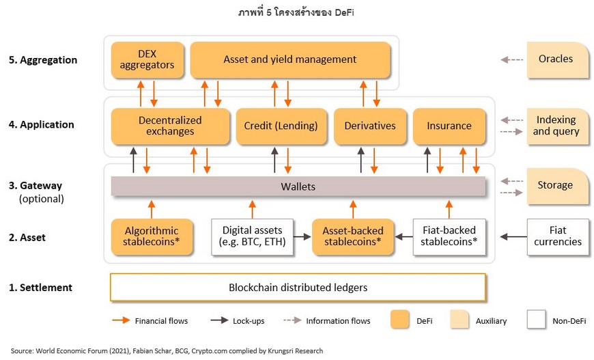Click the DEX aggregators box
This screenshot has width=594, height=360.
tap(147, 60)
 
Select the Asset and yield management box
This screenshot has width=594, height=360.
tap(289, 60)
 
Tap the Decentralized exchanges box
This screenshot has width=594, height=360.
tap(170, 126)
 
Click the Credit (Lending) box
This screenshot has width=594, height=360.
tap(281, 126)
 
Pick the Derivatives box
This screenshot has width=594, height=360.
tap(370, 126)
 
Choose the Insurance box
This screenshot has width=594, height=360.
tap(449, 126)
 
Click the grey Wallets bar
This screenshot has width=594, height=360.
tap(298, 186)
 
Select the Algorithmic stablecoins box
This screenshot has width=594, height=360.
tap(152, 236)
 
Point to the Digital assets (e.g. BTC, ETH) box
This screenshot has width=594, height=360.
tap(253, 236)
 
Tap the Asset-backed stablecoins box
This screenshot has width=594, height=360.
tap(353, 236)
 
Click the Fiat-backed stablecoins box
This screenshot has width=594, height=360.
tap(449, 236)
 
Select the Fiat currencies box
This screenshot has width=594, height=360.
tap(558, 236)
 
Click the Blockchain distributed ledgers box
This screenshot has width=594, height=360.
tap(298, 287)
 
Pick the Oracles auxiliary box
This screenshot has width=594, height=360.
tap(558, 60)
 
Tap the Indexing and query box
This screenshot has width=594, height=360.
tap(558, 126)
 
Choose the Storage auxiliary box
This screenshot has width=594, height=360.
tap(558, 186)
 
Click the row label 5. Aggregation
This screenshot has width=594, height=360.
tap(43, 60)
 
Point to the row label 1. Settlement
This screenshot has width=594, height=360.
tap(40, 288)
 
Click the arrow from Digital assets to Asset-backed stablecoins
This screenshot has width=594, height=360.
tap(302, 237)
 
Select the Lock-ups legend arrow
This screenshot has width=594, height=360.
tap(219, 320)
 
